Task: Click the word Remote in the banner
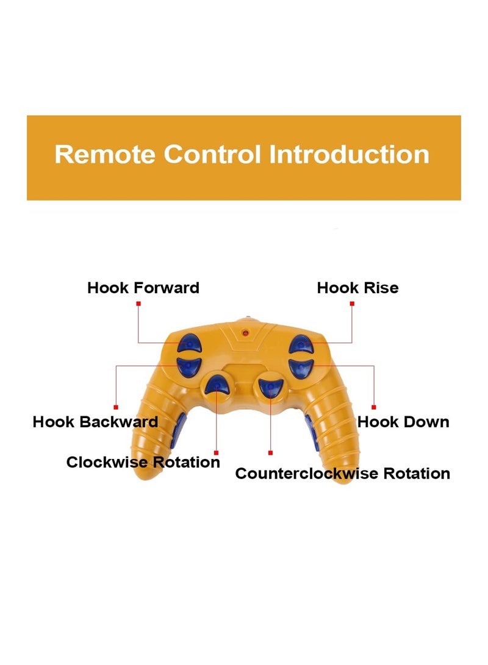point(104,154)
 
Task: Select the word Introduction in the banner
point(349,154)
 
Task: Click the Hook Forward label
point(143,288)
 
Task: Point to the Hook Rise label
point(357,288)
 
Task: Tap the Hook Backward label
point(95,422)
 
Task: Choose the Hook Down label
point(403,422)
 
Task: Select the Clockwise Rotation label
point(143,462)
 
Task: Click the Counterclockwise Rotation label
point(343,474)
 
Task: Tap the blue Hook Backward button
point(188,366)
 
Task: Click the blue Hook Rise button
point(301,344)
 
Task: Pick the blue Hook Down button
point(301,366)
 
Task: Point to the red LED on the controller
point(245,333)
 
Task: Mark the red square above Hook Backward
point(116,407)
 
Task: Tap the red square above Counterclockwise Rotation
point(270,453)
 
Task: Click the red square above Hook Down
point(374,407)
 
